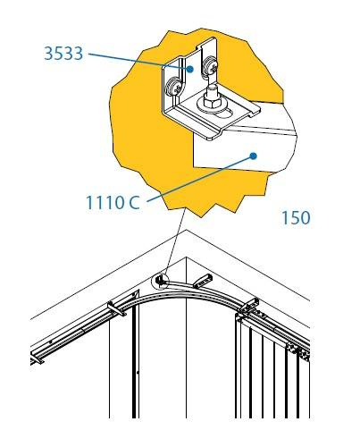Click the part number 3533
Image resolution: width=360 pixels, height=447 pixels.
click(63, 54)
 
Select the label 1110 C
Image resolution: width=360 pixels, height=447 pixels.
click(113, 203)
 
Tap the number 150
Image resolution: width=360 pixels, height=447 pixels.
click(296, 217)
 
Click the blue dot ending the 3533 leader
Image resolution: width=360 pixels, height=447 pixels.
click(189, 70)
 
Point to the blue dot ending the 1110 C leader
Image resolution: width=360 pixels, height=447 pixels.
click(253, 156)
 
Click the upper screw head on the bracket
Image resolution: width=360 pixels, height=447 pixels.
click(211, 67)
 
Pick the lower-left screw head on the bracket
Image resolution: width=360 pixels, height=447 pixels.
click(173, 87)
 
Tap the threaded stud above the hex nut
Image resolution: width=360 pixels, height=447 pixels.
click(213, 90)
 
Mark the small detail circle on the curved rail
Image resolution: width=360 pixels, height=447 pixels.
click(160, 281)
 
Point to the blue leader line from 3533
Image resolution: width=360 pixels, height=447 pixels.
click(138, 62)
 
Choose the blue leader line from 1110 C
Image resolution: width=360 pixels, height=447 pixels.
click(199, 179)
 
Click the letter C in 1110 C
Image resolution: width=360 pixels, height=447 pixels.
click(134, 203)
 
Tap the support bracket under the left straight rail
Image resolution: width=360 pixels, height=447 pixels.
click(116, 309)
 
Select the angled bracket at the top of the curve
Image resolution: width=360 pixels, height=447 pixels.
click(202, 282)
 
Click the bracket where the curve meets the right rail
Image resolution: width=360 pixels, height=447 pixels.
click(248, 305)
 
